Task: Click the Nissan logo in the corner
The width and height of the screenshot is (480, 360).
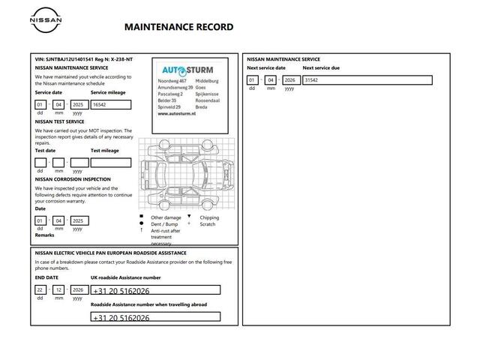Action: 46,21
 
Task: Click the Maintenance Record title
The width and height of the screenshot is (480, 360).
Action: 178,27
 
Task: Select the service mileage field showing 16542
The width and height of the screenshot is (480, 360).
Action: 110,105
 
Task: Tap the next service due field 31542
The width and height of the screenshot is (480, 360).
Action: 366,80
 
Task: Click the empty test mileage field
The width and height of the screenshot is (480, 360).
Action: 110,163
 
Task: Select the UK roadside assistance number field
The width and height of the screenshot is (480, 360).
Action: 155,290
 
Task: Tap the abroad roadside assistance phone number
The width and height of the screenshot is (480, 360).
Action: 155,318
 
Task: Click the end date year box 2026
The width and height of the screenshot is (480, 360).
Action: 77,289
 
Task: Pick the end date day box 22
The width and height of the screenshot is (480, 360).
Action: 40,289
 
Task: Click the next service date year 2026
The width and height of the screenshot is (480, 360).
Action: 289,80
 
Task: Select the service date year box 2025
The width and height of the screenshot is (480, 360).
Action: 77,105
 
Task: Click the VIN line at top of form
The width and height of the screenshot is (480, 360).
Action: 84,58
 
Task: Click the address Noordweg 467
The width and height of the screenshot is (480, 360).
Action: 172,79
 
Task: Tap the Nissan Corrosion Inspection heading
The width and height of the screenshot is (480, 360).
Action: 73,179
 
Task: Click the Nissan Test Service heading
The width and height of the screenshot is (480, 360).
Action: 59,121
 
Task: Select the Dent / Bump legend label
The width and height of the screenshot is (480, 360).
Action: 165,224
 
